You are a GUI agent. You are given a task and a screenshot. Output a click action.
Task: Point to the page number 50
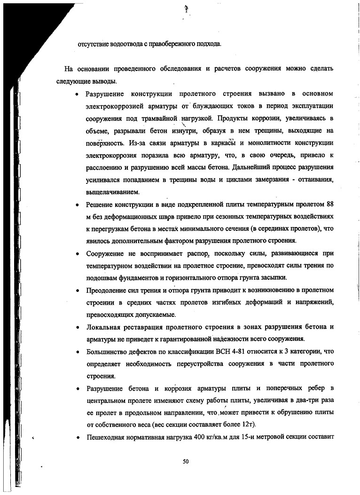185,462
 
